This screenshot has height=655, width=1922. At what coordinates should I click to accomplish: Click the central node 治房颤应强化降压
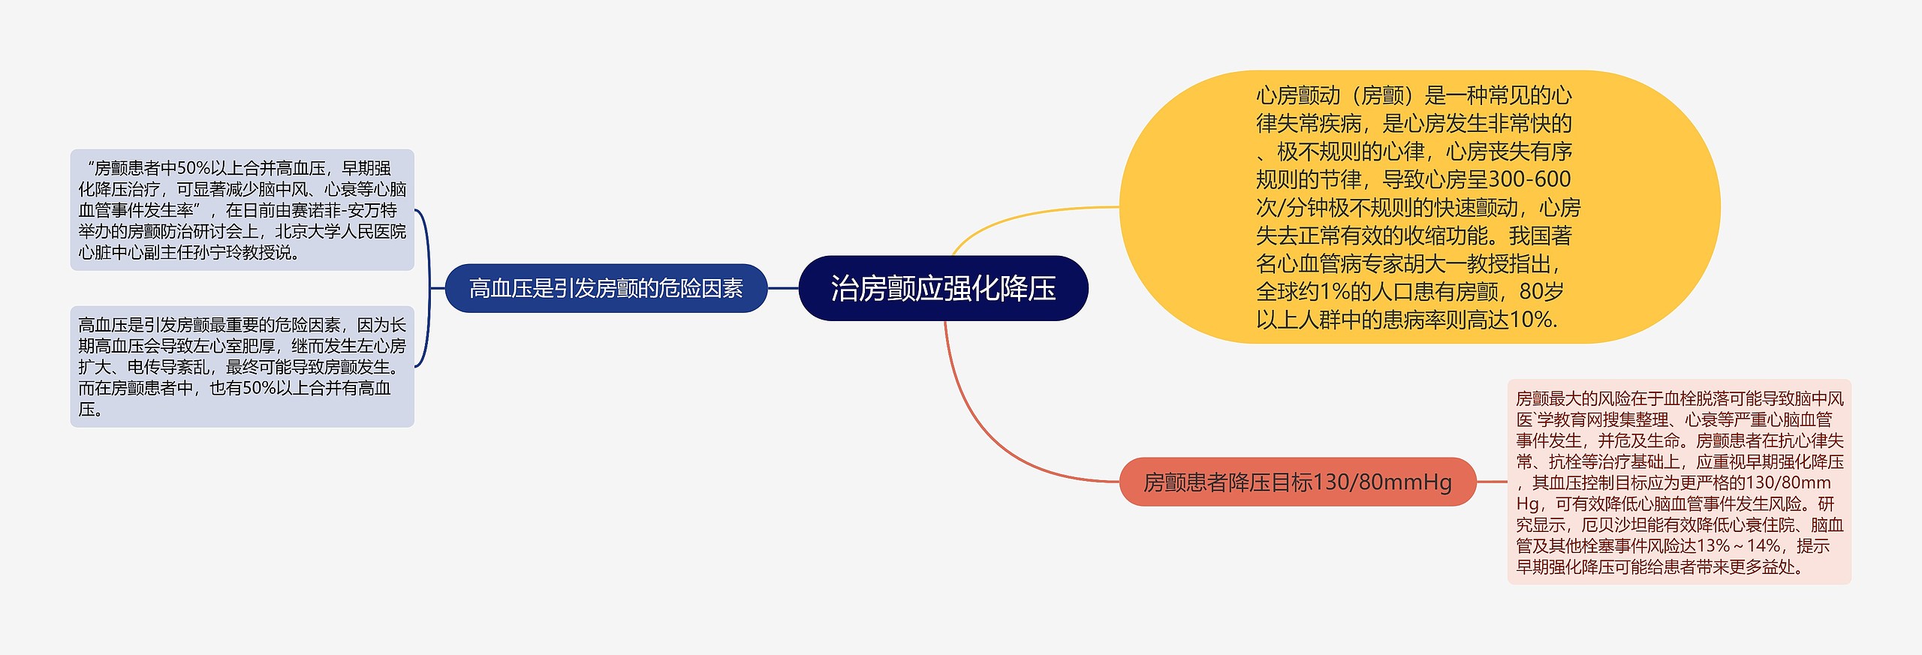click(x=943, y=288)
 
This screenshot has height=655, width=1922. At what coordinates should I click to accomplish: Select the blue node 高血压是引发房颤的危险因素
click(x=606, y=288)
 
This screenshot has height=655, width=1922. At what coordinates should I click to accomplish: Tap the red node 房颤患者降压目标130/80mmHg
click(x=1297, y=482)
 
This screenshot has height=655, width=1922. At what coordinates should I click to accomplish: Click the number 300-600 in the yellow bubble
click(x=1529, y=179)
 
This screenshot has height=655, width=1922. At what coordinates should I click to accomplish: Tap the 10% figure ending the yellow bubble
click(x=1532, y=320)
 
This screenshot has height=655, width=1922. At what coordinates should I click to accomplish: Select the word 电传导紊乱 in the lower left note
click(x=168, y=367)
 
